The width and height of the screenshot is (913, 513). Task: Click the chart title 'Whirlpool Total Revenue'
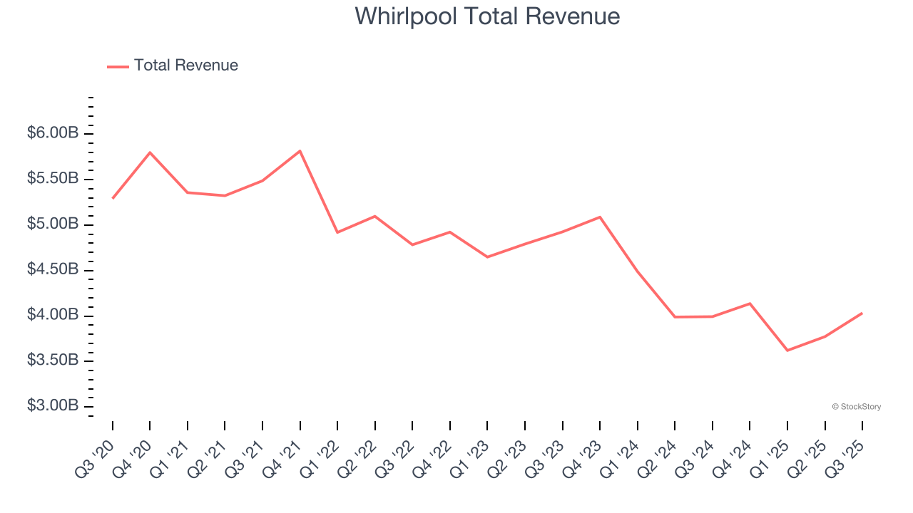(x=487, y=16)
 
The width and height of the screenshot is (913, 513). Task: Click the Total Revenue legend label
(x=185, y=66)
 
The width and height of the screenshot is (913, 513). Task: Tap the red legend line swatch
(x=118, y=66)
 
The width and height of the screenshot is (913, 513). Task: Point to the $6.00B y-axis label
(x=53, y=133)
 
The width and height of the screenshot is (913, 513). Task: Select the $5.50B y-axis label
(x=53, y=179)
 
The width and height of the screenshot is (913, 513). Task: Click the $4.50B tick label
(x=53, y=270)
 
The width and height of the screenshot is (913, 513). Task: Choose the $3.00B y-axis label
(x=53, y=406)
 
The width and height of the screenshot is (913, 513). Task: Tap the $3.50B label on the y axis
(x=53, y=361)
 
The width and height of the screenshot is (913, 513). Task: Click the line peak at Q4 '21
(x=300, y=151)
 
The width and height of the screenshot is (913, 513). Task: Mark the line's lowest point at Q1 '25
(x=787, y=351)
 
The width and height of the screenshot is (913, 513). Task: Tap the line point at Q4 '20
(x=151, y=152)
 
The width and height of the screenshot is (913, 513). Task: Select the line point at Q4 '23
(x=600, y=217)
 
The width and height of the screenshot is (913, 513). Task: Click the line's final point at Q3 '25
(x=862, y=313)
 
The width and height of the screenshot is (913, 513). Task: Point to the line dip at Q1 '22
(x=337, y=232)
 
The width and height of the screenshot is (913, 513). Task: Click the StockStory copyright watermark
(x=856, y=407)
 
